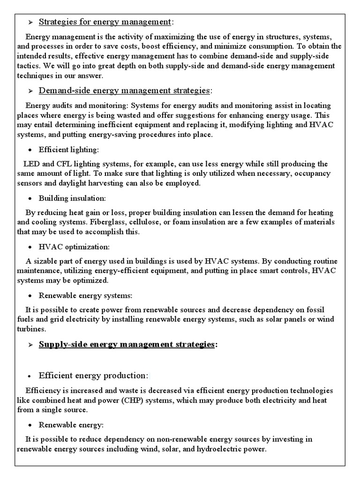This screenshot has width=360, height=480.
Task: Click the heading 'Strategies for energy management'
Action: (x=105, y=22)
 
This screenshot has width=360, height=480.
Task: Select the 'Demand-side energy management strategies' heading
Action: (x=125, y=90)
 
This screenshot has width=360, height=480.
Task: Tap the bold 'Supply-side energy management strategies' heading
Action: (x=127, y=345)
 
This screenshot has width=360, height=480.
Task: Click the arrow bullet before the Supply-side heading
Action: (x=30, y=345)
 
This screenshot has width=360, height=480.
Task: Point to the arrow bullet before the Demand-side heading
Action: (x=30, y=90)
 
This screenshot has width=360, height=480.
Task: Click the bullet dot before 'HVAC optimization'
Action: (x=30, y=247)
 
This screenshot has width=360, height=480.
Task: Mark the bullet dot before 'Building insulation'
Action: (x=30, y=198)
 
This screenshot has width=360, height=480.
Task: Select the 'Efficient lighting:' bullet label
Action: (x=69, y=150)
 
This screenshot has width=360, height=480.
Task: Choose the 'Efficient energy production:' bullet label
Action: (x=93, y=375)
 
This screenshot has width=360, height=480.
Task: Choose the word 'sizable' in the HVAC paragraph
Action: (x=45, y=261)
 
